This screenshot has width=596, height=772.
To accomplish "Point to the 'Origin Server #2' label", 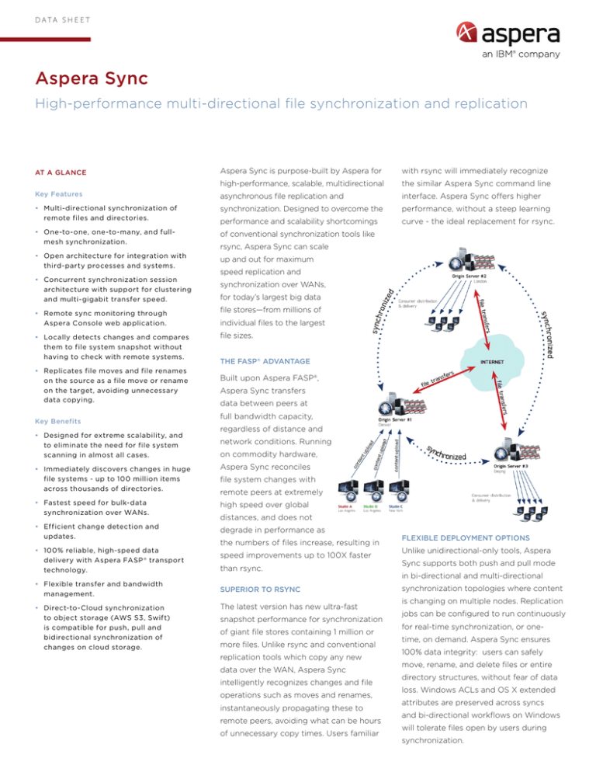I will click(482, 274).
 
